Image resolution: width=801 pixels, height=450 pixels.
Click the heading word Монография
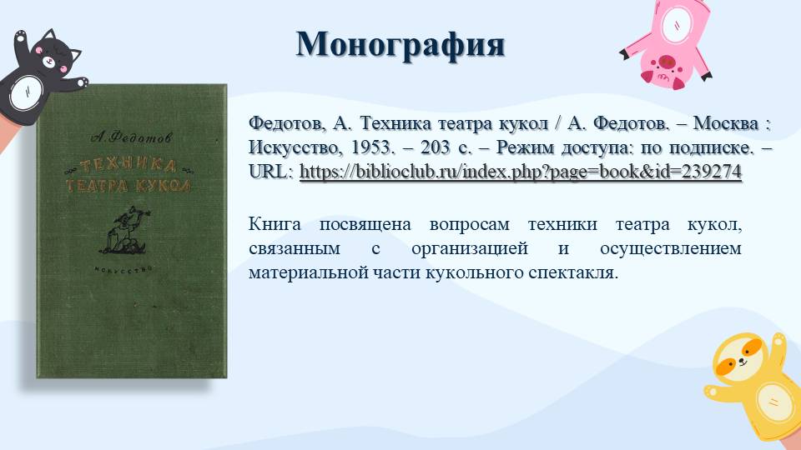point(400,45)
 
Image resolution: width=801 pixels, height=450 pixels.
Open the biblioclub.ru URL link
point(520,172)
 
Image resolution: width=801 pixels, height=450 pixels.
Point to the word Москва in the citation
point(726,123)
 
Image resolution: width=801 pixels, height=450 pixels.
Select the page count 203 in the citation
point(436,147)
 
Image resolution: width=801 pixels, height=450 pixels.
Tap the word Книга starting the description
point(275,224)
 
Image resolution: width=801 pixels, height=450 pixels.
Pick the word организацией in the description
point(470,249)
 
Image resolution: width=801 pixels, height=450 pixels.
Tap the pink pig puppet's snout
point(666,62)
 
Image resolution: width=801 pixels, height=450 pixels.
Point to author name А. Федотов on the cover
point(131,137)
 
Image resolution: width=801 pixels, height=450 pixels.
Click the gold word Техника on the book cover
point(128,165)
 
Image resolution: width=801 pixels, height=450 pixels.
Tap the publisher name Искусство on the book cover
point(124,269)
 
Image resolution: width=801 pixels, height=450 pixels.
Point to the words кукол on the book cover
point(164,185)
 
